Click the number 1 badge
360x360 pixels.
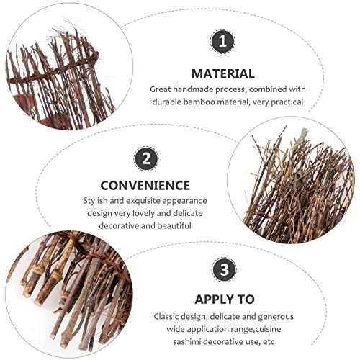coord(222,41)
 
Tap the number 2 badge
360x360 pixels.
coord(146,159)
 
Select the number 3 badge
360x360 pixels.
coord(225,269)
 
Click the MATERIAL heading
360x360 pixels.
coord(223,73)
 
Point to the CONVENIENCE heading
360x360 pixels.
coord(145,186)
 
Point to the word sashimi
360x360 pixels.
coord(186,341)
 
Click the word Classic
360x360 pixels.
coord(168,317)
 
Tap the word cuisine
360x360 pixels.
coord(268,329)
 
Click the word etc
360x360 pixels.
coord(269,341)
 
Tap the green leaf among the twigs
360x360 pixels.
coord(300,138)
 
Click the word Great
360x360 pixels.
coord(160,89)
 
